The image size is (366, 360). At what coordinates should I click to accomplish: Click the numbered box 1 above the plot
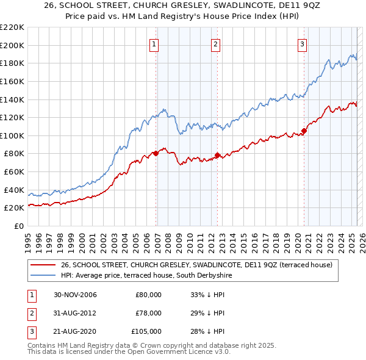154,43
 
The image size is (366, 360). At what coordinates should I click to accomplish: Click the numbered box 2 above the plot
216,43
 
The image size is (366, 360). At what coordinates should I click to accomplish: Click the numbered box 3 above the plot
302,43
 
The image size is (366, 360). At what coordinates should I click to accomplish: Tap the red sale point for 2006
156,153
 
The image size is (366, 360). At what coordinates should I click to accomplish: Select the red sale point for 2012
218,155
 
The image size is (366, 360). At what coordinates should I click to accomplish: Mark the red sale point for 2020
304,131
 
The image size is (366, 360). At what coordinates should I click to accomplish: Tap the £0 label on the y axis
18,226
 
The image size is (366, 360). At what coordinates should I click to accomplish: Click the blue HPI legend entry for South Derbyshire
146,276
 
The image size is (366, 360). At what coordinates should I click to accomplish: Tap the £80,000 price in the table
149,295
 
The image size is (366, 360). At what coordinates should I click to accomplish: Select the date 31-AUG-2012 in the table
75,313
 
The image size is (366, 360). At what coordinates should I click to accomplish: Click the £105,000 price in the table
147,331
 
